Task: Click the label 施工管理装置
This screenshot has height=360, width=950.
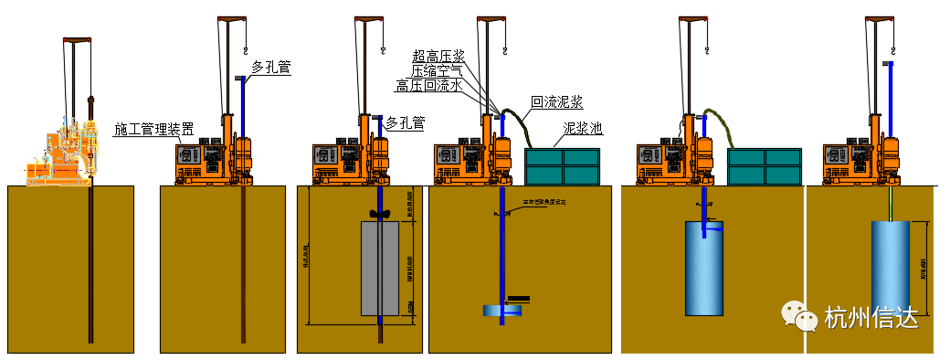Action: [x=153, y=128]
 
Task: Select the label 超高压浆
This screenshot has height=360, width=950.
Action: [x=438, y=56]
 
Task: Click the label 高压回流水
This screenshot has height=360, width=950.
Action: [x=429, y=86]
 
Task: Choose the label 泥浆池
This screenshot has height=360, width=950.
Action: [x=583, y=128]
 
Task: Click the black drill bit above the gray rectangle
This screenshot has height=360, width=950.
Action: [x=381, y=215]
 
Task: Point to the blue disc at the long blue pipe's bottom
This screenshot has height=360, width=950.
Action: [x=502, y=312]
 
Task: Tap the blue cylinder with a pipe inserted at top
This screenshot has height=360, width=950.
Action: [x=704, y=267]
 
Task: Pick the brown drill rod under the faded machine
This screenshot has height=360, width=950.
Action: [x=90, y=265]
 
